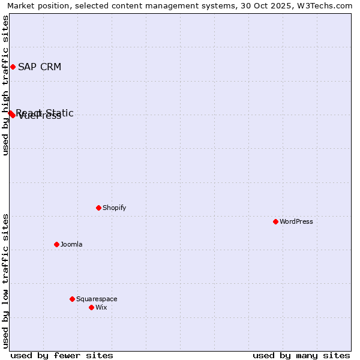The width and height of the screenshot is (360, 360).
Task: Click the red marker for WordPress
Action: [275, 221]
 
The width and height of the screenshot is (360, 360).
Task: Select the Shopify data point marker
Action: [98, 208]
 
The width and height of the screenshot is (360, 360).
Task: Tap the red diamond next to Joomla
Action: [56, 244]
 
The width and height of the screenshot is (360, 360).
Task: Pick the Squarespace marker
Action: [72, 299]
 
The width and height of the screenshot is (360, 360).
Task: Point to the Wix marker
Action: [91, 307]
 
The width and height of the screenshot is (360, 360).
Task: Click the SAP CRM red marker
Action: [13, 67]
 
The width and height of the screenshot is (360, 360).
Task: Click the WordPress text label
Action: [296, 221]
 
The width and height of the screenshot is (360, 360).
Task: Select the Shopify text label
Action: [114, 208]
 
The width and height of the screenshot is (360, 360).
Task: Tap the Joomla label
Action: [71, 244]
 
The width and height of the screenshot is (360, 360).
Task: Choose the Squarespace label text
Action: [97, 299]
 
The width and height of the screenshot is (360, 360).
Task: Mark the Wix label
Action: [101, 307]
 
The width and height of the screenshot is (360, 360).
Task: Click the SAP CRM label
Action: [40, 67]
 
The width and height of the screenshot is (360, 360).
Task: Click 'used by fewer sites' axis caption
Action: [62, 355]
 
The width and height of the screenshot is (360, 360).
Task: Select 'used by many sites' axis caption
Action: [301, 355]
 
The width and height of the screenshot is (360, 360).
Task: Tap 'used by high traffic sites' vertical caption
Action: [5, 85]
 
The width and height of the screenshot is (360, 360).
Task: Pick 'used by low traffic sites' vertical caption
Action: [5, 281]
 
